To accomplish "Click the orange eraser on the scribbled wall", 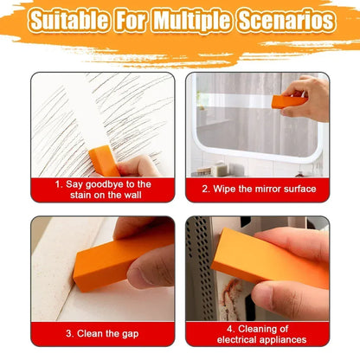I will pos(104,160).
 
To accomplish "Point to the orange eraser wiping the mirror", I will pos(288,102).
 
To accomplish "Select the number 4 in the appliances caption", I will pos(228,329).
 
